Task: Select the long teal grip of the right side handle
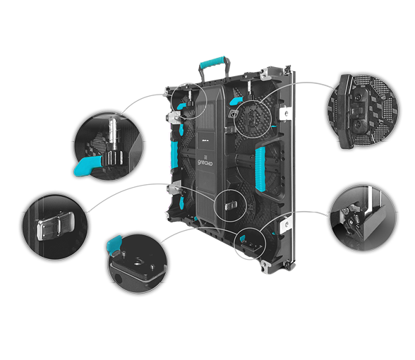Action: click(x=260, y=169)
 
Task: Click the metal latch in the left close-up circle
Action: click(x=55, y=226)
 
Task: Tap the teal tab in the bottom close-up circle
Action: click(x=114, y=243)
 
